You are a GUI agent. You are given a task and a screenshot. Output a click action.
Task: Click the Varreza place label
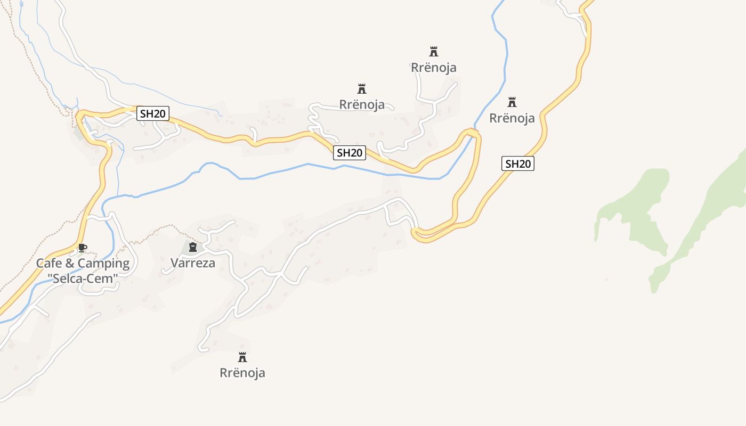point(193,263)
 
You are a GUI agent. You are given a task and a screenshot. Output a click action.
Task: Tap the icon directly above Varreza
point(193,247)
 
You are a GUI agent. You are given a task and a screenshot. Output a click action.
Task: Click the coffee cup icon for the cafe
point(82,248)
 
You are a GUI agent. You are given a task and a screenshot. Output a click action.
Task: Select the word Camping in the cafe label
point(103,263)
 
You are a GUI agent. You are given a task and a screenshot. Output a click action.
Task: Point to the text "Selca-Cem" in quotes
point(83,278)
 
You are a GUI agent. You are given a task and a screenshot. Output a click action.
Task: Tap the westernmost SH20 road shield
point(153,113)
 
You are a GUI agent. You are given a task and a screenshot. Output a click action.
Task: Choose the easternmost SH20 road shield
point(517,163)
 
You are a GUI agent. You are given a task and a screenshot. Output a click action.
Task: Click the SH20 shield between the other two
point(350,153)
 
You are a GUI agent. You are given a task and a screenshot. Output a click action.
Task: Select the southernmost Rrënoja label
point(242,373)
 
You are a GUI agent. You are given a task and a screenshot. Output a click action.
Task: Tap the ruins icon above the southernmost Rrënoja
point(242,357)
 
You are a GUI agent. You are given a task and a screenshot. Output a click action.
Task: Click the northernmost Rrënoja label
point(434,68)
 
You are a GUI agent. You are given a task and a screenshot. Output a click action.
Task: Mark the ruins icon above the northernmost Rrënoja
point(434,52)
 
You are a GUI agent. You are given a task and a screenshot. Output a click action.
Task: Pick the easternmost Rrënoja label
point(512,118)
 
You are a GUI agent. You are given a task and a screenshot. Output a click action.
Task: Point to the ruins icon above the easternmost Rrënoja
point(512,102)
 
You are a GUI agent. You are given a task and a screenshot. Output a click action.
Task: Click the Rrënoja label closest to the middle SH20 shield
point(362,104)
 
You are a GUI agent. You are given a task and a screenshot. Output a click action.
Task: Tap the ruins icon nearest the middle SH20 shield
point(362,88)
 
